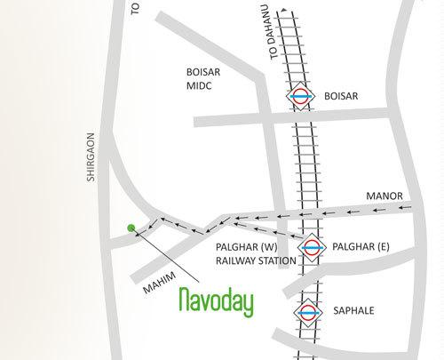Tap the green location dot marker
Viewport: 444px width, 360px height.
(x=131, y=228)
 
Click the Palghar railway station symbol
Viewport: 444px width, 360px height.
(x=310, y=246)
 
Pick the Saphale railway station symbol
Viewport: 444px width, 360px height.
(x=305, y=312)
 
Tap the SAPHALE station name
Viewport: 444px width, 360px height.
(x=353, y=313)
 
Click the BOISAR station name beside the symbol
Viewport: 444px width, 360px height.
(x=339, y=95)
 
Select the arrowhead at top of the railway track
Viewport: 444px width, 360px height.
(x=284, y=12)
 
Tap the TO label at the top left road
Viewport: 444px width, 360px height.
(x=136, y=8)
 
